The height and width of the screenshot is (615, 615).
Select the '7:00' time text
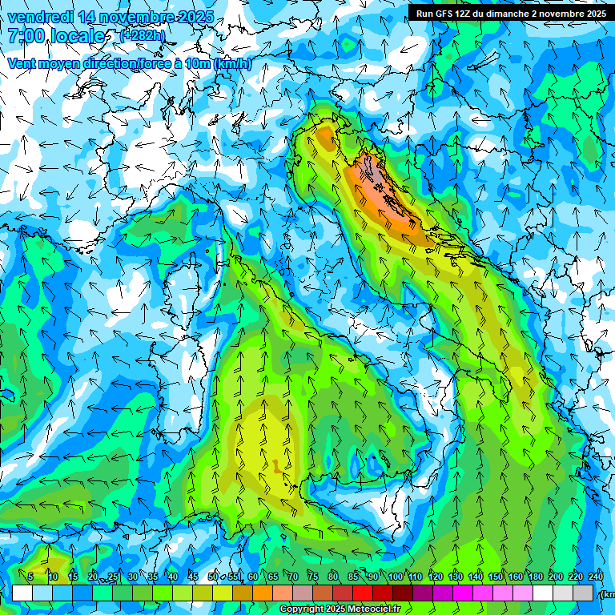tap(28, 35)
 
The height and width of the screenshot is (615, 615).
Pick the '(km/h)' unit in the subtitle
tap(232, 63)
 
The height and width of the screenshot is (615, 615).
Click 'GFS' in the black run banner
tap(446, 13)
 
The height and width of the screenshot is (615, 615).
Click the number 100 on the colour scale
tap(396, 577)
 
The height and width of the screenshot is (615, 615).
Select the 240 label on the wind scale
tap(596, 577)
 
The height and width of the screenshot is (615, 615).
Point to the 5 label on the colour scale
tap(30, 577)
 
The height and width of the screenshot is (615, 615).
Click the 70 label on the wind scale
tap(293, 577)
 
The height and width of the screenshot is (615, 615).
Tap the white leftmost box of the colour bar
tap(22, 593)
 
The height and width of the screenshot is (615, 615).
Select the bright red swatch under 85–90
tap(363, 593)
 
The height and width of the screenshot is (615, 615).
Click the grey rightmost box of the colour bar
tap(584, 593)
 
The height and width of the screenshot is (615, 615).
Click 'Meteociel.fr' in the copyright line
tap(380, 609)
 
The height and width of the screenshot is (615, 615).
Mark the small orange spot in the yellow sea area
tap(276, 466)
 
